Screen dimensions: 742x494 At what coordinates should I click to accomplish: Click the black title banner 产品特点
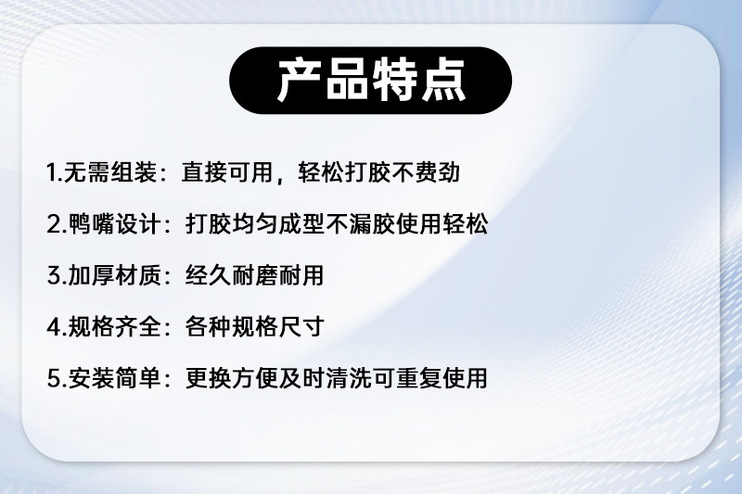click(370, 81)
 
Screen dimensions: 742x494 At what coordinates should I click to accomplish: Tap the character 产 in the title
click(299, 81)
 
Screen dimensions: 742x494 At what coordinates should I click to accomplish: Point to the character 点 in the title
click(443, 81)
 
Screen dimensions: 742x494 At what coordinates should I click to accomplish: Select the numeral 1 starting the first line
click(51, 172)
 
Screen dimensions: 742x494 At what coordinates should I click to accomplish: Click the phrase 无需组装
click(110, 172)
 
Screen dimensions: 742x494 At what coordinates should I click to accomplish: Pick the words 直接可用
click(227, 172)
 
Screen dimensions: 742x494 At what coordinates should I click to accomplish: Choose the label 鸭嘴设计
click(113, 223)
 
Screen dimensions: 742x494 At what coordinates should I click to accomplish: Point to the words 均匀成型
click(278, 223)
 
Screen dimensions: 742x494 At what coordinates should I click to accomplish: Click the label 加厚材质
click(113, 275)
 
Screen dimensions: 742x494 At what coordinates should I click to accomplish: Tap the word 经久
click(208, 275)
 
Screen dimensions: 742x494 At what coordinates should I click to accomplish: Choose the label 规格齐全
click(113, 326)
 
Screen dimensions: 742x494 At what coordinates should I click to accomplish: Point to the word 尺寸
click(301, 326)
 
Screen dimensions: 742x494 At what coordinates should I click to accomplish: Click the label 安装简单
click(113, 378)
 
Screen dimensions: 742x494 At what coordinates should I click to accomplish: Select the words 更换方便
click(231, 378)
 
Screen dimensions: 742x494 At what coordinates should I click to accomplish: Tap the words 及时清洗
click(326, 378)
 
